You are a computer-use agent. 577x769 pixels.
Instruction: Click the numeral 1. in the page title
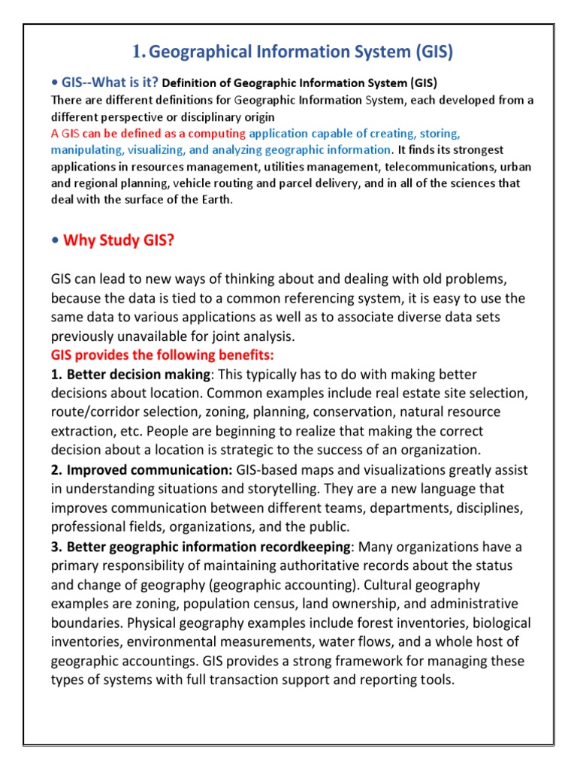click(x=137, y=52)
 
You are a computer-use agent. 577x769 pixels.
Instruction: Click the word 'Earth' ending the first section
click(x=215, y=199)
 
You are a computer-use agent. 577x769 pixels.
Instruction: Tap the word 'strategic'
click(x=282, y=450)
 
